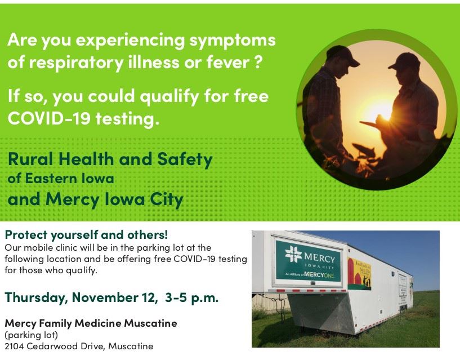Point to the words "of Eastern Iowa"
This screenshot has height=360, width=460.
61,179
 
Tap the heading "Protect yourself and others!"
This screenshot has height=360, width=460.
86,234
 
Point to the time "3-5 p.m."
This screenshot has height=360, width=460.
192,297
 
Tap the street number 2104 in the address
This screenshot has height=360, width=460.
16,346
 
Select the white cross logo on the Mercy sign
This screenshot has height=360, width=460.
293,253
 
